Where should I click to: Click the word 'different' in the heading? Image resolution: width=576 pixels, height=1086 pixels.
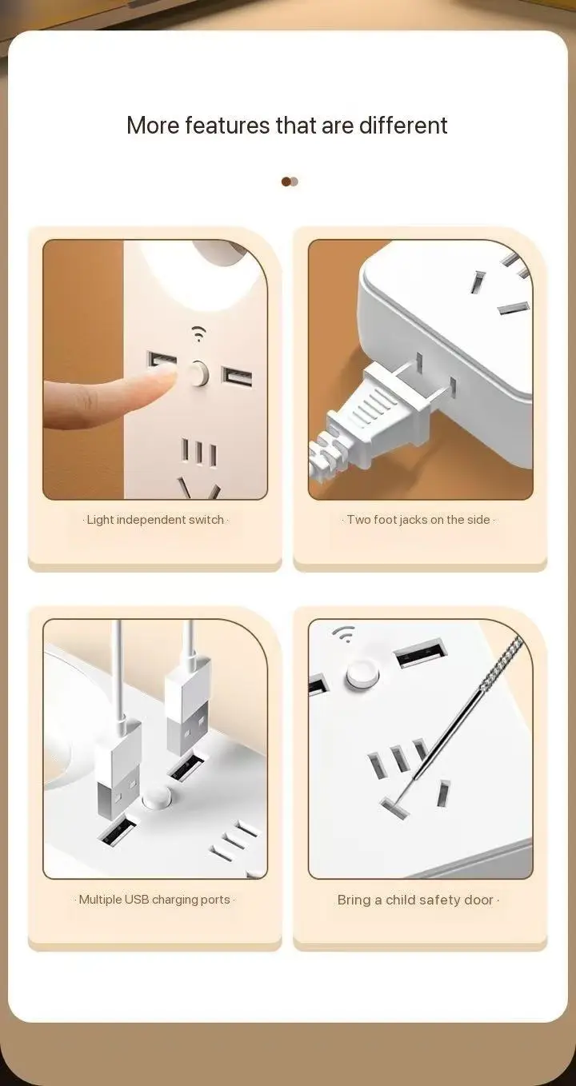pyautogui.click(x=403, y=125)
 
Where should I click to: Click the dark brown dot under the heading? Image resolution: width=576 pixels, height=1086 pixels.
pyautogui.click(x=286, y=182)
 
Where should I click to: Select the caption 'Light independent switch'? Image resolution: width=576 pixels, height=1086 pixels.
pyautogui.click(x=155, y=520)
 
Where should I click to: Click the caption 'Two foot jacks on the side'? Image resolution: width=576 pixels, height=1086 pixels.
pyautogui.click(x=418, y=520)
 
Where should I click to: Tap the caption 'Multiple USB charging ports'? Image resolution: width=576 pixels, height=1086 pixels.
pyautogui.click(x=154, y=900)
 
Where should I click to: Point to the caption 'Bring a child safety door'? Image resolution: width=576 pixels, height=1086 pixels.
pyautogui.click(x=415, y=900)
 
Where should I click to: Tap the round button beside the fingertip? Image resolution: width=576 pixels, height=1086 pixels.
pyautogui.click(x=198, y=373)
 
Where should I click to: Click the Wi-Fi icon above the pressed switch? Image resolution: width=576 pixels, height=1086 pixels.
pyautogui.click(x=198, y=333)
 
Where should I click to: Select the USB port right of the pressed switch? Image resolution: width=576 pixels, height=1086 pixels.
pyautogui.click(x=237, y=376)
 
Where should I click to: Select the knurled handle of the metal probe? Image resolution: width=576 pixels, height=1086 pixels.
pyautogui.click(x=502, y=663)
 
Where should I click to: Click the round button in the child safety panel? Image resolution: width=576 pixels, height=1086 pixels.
pyautogui.click(x=362, y=673)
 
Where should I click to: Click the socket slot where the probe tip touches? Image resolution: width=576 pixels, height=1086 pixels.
pyautogui.click(x=394, y=807)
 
